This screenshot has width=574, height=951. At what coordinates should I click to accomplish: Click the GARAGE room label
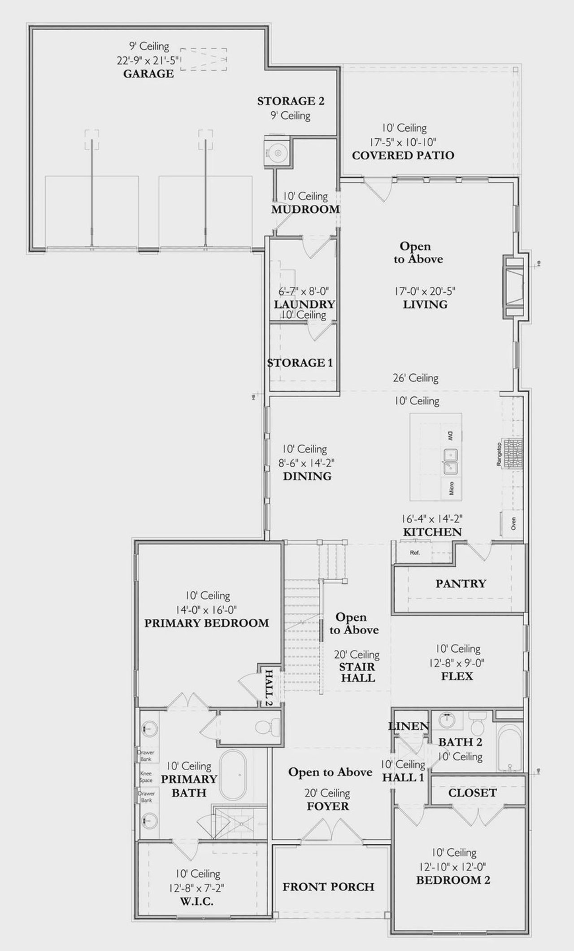tap(148, 74)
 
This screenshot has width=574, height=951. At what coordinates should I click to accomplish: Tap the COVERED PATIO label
tap(403, 155)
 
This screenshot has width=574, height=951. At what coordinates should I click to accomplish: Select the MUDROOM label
tap(305, 209)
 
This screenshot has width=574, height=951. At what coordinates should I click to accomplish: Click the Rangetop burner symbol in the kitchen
tap(513, 453)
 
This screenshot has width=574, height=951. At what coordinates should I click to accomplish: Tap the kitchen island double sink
tap(450, 461)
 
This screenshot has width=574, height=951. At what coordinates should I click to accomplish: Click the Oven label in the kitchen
tap(513, 523)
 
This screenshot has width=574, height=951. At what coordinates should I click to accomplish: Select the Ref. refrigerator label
tap(415, 553)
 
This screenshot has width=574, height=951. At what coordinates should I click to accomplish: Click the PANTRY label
tap(461, 583)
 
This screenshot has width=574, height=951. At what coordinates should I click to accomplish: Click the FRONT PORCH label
tap(328, 887)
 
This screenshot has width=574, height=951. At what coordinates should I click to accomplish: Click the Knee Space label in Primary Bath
tap(146, 776)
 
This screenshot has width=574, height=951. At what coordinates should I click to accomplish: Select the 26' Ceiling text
tap(416, 378)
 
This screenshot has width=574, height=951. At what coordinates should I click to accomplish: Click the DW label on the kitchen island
tap(450, 435)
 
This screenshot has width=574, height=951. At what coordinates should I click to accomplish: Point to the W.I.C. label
tap(197, 901)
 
